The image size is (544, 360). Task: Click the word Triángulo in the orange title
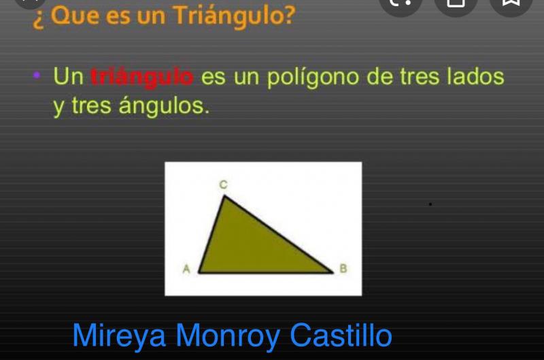click(x=234, y=16)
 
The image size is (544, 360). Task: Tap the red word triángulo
click(x=142, y=77)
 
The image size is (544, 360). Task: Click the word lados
click(x=475, y=76)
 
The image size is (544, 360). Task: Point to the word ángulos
click(x=164, y=106)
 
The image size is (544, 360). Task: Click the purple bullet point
click(x=37, y=75)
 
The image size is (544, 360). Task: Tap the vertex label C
click(x=224, y=184)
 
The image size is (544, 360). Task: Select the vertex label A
click(x=186, y=269)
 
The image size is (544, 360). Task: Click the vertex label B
click(x=343, y=268)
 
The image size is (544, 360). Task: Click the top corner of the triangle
click(x=224, y=196)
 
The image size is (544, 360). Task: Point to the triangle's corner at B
click(x=333, y=272)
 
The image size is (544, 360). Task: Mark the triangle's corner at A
click(x=199, y=273)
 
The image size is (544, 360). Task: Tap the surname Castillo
click(x=341, y=336)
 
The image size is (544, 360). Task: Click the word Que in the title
click(x=75, y=16)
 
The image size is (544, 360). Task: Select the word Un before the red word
click(x=69, y=76)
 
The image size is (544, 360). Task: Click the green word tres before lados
click(x=420, y=77)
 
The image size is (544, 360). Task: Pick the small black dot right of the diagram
click(x=430, y=204)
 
